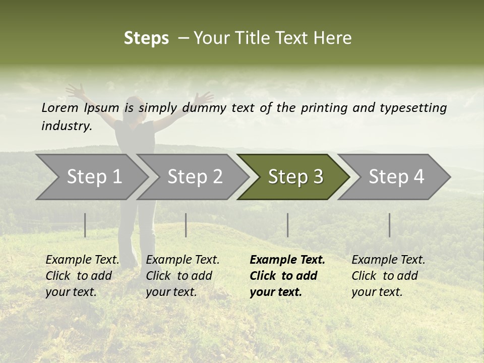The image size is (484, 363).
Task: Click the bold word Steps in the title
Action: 146,38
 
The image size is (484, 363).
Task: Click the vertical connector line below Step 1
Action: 85,225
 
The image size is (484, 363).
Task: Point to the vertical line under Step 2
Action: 186,225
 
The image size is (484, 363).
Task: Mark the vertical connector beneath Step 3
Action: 287,225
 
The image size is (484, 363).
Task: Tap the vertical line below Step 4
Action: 389,225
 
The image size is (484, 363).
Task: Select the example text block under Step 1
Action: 82,276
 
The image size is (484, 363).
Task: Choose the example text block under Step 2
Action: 183,276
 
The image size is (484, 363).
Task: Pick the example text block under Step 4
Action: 388,276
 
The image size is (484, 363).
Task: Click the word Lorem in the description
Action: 60,108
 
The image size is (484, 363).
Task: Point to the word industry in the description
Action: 66,126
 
